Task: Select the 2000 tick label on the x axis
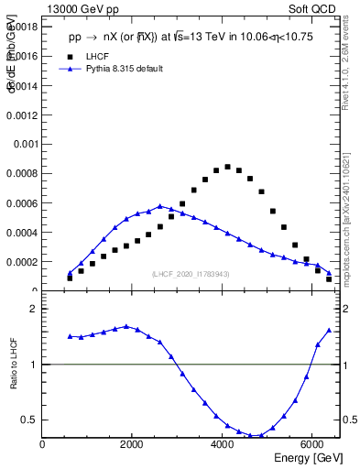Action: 133,445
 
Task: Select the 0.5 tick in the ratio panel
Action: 27,420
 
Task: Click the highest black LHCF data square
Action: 227,167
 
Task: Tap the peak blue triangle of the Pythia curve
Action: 160,206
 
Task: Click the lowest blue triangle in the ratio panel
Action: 261,436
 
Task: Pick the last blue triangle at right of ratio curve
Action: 329,330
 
